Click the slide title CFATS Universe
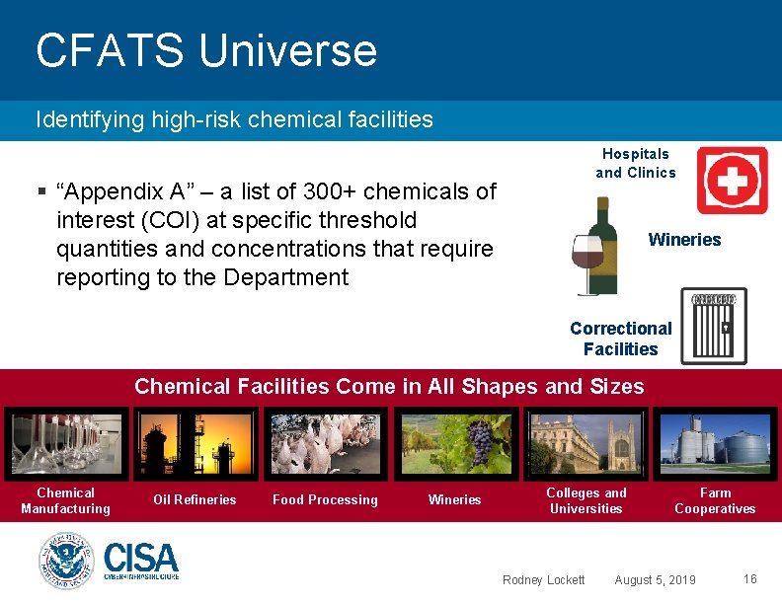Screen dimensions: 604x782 coord(205,51)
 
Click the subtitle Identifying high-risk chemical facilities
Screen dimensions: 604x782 coord(234,120)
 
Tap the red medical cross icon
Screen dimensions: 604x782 coord(732,181)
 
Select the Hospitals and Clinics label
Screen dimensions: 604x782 coord(635,163)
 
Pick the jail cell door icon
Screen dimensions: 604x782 coord(714,327)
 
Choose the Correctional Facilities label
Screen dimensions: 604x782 coord(620,339)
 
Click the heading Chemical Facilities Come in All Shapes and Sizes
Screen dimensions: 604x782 coord(389,386)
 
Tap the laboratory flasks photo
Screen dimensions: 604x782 coord(65,444)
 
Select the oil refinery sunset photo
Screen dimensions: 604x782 coord(195,444)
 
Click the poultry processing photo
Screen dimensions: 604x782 coord(325,444)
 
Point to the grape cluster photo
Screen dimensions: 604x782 coord(455,444)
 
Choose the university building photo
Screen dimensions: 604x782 coord(586,444)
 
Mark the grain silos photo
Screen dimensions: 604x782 coord(715,444)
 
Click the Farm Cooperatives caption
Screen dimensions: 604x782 coord(715,500)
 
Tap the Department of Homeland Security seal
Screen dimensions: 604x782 coord(65,562)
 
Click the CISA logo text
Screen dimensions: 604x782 coord(141,560)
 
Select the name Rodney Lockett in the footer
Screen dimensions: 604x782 coord(543,579)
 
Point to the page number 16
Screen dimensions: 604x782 coord(749,579)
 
